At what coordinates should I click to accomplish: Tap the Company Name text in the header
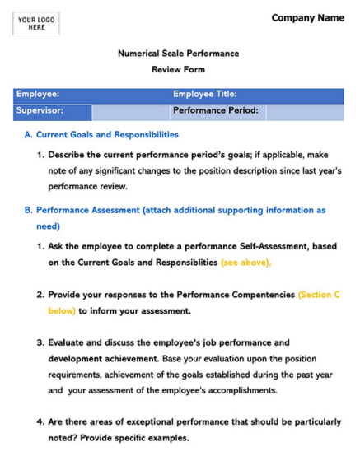pyautogui.click(x=307, y=17)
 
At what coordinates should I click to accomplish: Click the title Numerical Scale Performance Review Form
pyautogui.click(x=178, y=62)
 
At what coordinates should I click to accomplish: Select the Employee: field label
pyautogui.click(x=38, y=95)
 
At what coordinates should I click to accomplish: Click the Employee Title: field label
pyautogui.click(x=205, y=95)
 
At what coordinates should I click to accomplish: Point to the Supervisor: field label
pyautogui.click(x=40, y=110)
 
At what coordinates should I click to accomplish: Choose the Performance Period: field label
pyautogui.click(x=215, y=110)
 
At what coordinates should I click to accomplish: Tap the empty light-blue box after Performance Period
pyautogui.click(x=302, y=111)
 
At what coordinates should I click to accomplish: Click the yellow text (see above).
pyautogui.click(x=245, y=263)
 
